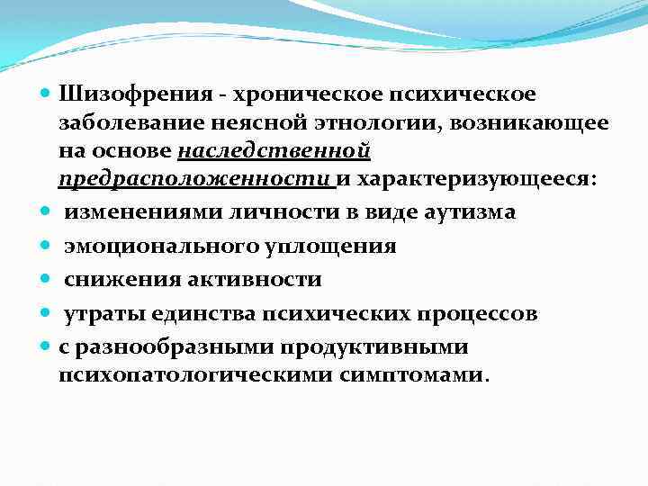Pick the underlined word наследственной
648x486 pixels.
pyautogui.click(x=274, y=150)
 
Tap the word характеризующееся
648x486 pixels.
pyautogui.click(x=463, y=178)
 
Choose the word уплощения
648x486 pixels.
pyautogui.click(x=338, y=247)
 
